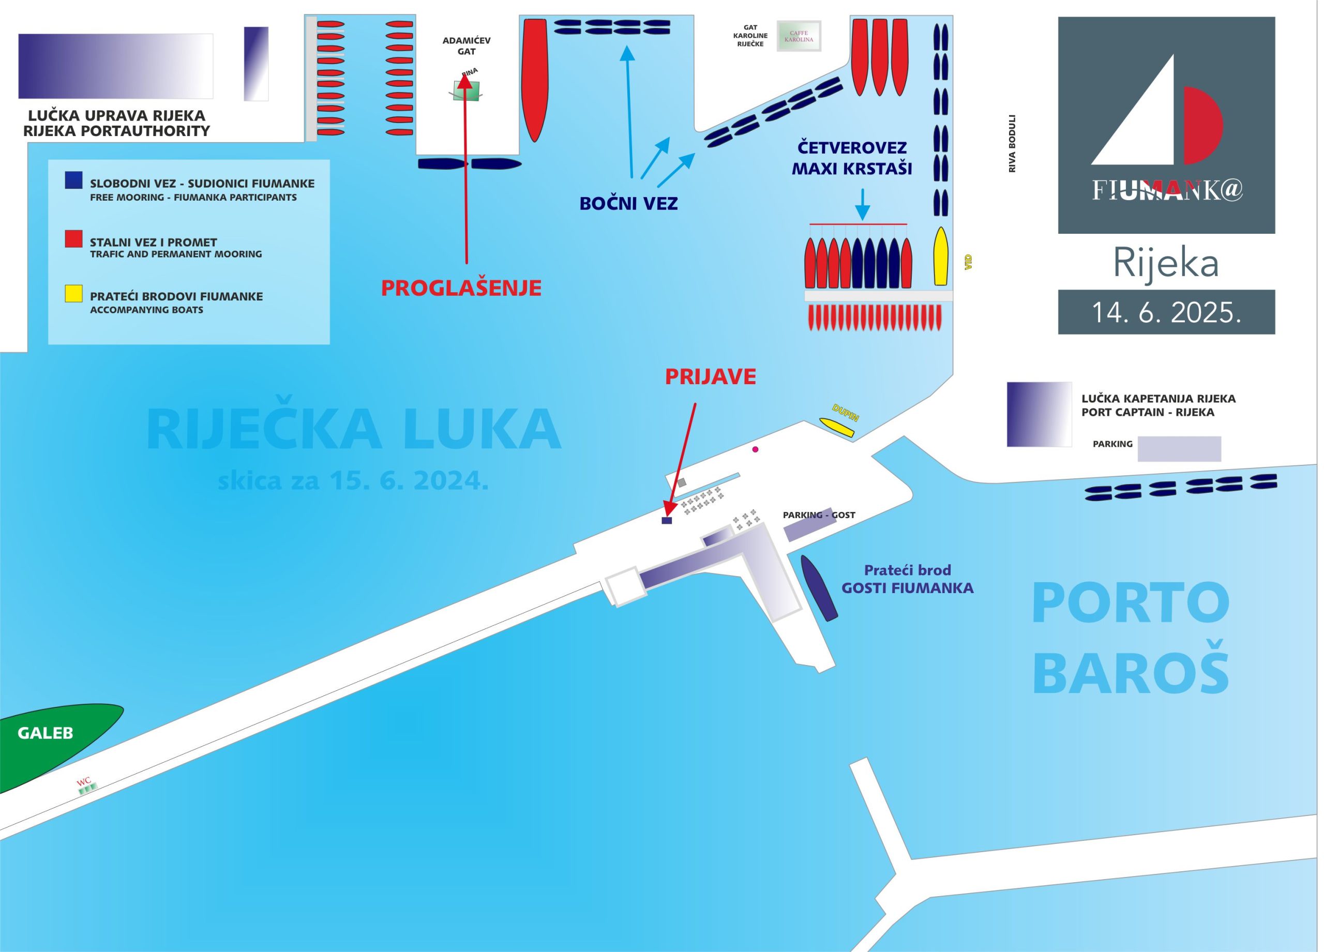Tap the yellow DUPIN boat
click(836, 427)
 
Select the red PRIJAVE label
click(710, 377)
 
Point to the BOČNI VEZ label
click(628, 204)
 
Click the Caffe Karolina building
click(798, 36)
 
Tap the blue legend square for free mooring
click(73, 180)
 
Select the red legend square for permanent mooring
click(73, 239)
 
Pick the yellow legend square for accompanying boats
click(73, 294)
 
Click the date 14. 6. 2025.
click(1166, 313)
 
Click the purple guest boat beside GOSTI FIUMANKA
click(819, 588)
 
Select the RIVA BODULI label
click(1012, 144)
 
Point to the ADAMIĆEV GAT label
click(466, 46)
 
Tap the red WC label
click(84, 781)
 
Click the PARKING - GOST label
click(819, 515)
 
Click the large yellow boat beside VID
click(940, 257)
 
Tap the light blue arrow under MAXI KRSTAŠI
click(862, 205)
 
